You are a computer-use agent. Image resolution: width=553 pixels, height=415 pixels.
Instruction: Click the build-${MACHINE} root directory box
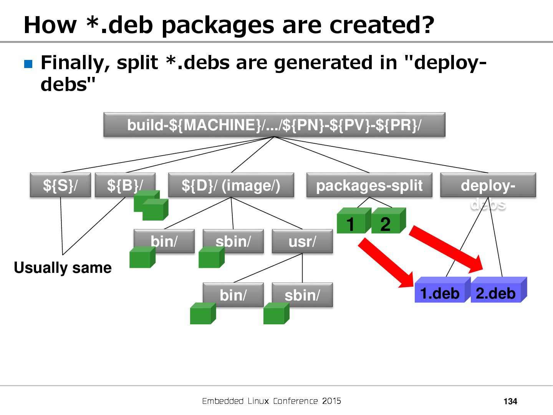tap(274, 125)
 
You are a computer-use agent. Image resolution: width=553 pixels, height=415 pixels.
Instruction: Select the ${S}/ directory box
tap(60, 185)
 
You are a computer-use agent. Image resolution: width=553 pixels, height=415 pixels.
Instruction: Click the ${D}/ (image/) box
tap(231, 185)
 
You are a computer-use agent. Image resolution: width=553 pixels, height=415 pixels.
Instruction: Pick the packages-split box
tap(369, 185)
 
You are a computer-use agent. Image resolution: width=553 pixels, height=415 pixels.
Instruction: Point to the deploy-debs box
tap(488, 185)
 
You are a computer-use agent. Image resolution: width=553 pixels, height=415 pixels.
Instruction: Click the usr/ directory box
tap(302, 241)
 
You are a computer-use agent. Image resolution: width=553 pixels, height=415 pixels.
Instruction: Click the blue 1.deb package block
tap(440, 293)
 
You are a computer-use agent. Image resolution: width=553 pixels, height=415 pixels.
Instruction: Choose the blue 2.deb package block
tap(496, 293)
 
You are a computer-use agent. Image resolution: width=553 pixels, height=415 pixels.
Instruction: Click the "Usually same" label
tap(63, 267)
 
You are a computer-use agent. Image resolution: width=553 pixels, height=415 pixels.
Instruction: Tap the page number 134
tap(510, 401)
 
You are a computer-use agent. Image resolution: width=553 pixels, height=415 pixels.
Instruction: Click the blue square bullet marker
tap(28, 63)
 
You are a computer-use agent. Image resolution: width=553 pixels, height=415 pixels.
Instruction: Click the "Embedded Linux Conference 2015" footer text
tap(272, 401)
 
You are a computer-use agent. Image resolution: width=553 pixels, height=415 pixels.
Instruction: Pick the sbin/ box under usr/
tap(302, 295)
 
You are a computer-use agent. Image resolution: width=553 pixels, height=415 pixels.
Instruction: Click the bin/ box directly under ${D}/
tap(164, 241)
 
